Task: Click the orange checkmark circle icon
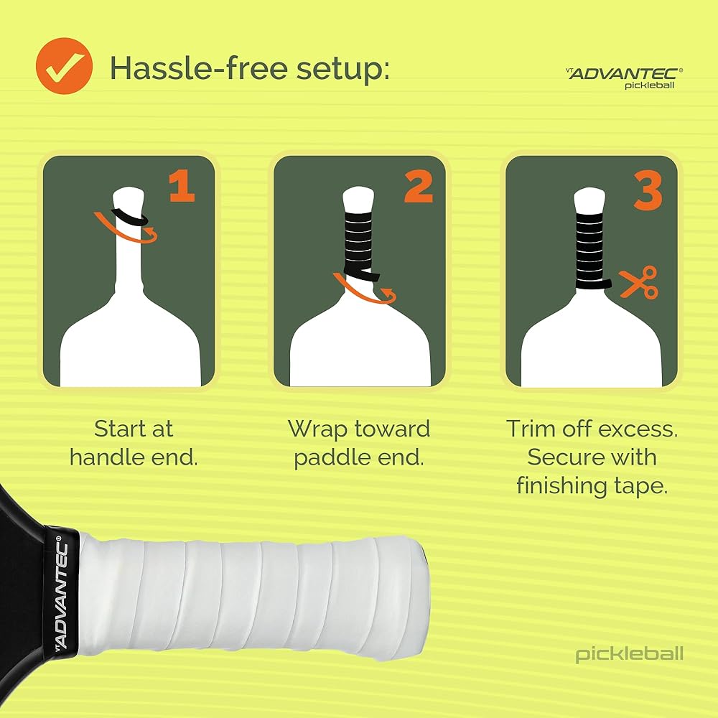(x=64, y=66)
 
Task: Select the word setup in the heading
(x=342, y=70)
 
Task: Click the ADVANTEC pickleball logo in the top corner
(x=625, y=78)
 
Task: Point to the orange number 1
(x=182, y=187)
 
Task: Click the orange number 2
(x=419, y=187)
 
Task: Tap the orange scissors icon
(x=639, y=282)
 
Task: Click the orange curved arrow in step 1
(x=123, y=233)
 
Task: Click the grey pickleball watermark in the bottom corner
(x=629, y=654)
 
